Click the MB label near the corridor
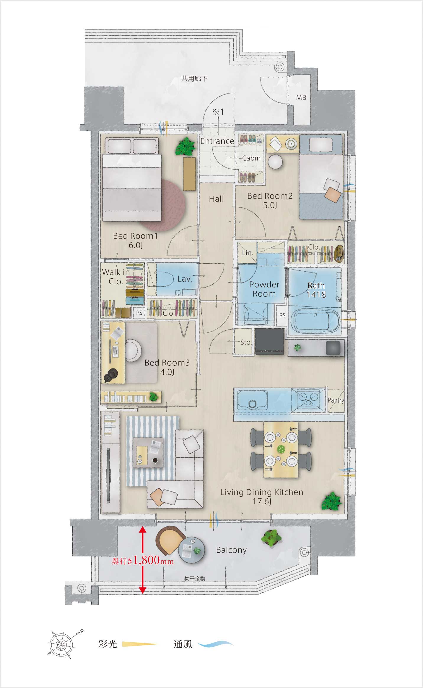301,97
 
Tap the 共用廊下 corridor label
194,78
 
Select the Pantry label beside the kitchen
336,400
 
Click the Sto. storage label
246,342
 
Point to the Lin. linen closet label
248,253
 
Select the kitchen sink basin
253,400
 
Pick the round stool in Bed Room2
275,162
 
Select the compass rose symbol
61,645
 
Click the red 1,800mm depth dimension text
143,560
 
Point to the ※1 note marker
218,112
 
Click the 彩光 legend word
108,644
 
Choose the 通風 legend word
183,644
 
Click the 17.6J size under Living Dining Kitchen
262,501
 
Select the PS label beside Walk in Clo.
139,313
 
